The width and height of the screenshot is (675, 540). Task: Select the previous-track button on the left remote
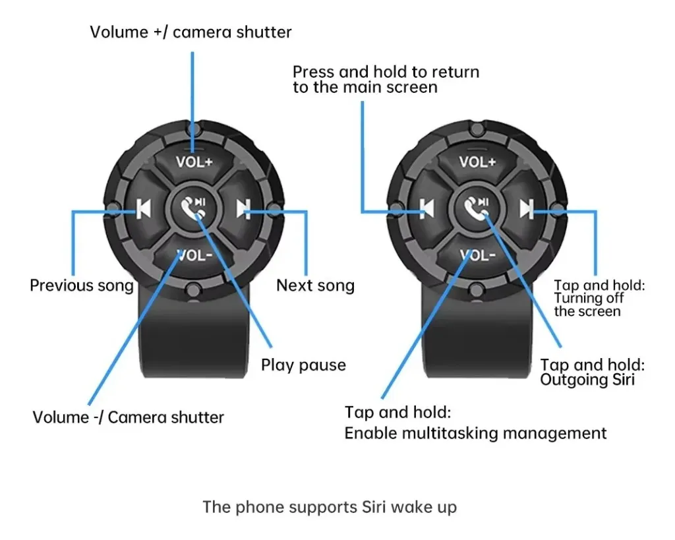[144, 209]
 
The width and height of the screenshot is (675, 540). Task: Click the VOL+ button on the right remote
[477, 162]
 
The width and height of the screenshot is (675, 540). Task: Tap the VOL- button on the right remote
[477, 255]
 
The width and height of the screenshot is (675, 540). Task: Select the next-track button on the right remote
[526, 209]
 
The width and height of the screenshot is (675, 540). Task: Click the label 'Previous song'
[81, 285]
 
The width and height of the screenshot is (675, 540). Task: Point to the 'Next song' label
[315, 285]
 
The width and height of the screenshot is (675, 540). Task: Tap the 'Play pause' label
[303, 365]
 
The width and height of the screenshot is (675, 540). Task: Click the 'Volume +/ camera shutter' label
[191, 32]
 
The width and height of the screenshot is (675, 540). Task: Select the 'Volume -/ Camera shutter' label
[128, 417]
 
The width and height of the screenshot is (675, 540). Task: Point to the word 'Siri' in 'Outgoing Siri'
[619, 380]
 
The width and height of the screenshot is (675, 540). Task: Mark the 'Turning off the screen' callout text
[588, 305]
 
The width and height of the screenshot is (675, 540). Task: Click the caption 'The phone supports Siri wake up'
[329, 507]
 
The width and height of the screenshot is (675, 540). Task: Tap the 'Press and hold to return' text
[386, 72]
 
